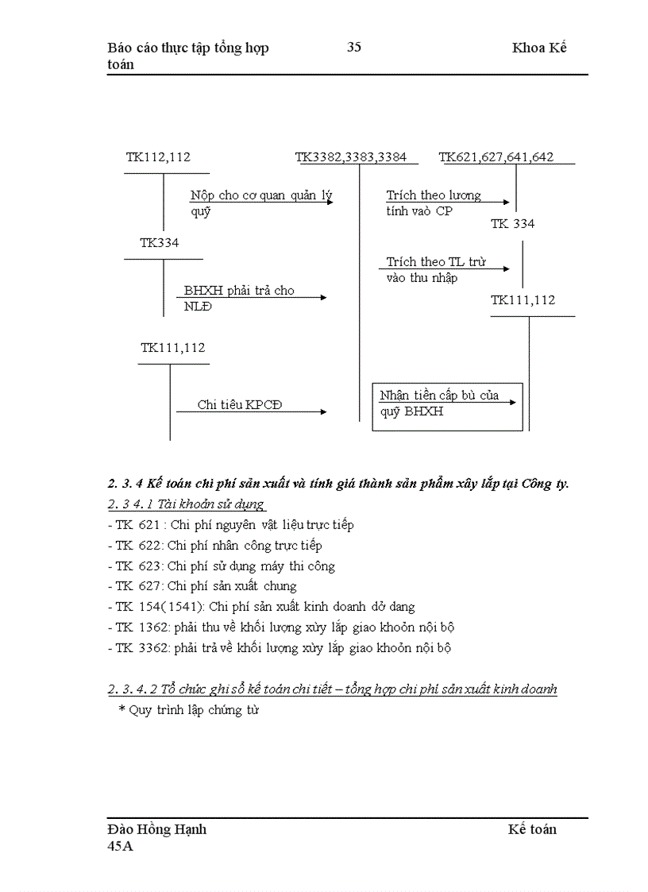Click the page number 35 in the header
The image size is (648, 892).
tap(354, 48)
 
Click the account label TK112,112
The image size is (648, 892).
tap(158, 157)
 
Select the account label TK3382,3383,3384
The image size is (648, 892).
tap(351, 157)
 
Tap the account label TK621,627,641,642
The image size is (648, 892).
tap(496, 157)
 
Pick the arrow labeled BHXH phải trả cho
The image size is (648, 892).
tap(251, 298)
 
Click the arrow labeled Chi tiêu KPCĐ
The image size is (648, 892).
tap(262, 411)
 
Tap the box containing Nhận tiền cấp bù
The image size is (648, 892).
tap(447, 407)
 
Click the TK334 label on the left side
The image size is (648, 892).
tap(160, 243)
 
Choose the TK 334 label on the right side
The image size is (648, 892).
tap(512, 224)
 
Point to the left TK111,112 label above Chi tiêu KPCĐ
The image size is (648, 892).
tap(173, 348)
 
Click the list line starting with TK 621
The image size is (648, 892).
tap(230, 525)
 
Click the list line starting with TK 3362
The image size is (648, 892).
tap(279, 648)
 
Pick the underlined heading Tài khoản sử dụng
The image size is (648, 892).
tap(187, 504)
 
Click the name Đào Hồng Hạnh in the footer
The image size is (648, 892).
tap(157, 829)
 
